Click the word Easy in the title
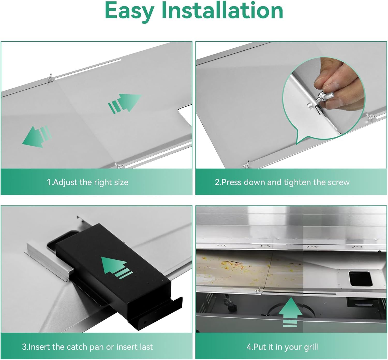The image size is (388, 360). click(x=130, y=11)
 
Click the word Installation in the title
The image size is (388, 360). click(x=222, y=10)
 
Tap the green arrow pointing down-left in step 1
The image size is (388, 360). click(x=37, y=136)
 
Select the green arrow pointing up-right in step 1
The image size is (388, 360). click(x=124, y=103)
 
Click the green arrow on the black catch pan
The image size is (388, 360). click(x=117, y=268)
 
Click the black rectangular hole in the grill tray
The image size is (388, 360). click(x=361, y=278)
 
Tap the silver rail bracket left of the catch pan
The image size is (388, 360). click(x=49, y=262)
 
